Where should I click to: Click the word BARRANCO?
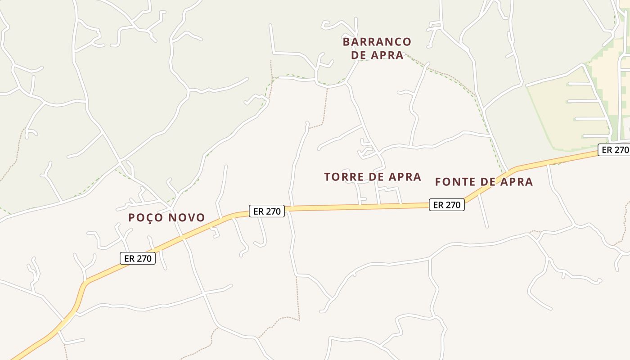pos(377,42)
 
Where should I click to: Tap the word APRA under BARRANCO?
pos(387,55)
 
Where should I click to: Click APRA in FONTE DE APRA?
pos(515,182)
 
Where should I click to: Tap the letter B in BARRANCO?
pos(346,42)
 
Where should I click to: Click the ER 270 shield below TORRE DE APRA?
pos(446,205)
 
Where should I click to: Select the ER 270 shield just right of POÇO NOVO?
pos(267,211)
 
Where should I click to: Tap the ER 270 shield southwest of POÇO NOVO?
pos(138,258)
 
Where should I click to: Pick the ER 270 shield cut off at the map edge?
pos(614,150)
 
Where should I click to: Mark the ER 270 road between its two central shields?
pos(355,207)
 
